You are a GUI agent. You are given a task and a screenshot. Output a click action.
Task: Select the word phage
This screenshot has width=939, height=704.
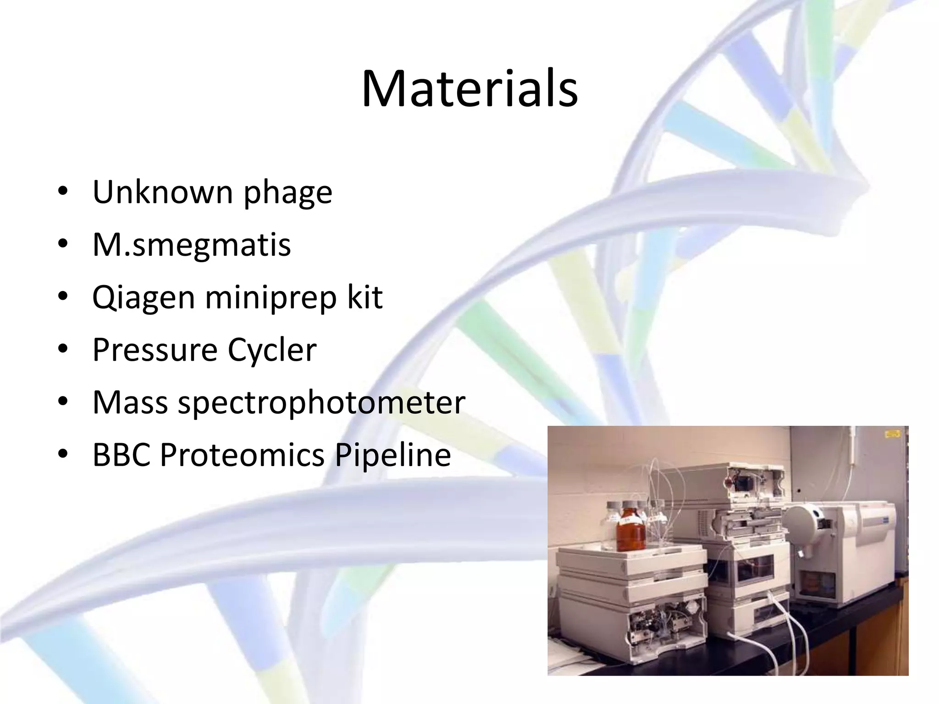[287, 193]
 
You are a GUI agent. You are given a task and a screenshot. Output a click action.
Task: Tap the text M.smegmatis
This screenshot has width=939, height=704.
[191, 245]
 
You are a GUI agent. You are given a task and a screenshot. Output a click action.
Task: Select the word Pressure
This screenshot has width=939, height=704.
[155, 350]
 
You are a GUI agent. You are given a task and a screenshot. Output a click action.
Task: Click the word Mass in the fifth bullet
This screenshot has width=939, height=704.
[130, 402]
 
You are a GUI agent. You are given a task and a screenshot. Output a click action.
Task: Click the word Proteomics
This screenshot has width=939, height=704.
[242, 455]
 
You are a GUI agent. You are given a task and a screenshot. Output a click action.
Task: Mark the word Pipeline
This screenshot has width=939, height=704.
[392, 456]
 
